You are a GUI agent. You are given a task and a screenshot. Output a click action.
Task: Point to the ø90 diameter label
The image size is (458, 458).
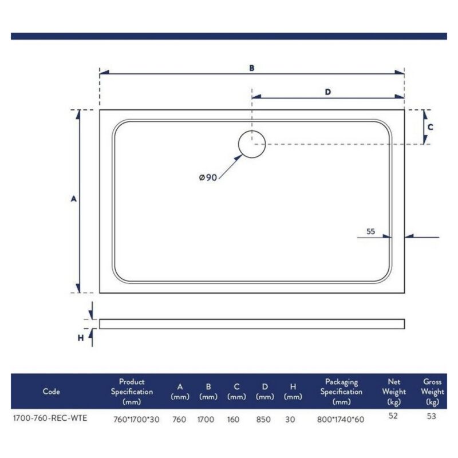208,177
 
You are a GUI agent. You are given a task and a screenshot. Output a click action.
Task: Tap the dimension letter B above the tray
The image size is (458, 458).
252,68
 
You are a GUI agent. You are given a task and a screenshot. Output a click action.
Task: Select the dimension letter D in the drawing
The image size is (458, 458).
328,92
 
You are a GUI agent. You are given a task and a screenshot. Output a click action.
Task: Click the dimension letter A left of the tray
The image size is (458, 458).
74,199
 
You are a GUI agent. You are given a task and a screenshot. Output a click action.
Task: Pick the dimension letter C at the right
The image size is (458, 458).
431,127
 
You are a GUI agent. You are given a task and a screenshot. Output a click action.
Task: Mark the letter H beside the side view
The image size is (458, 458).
81,338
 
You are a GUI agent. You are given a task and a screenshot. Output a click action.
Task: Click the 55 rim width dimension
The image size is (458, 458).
370,231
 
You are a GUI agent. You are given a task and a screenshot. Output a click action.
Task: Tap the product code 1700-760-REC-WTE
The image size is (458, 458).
50,418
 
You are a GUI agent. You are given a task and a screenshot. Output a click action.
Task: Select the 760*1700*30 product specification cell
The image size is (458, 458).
136,420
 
